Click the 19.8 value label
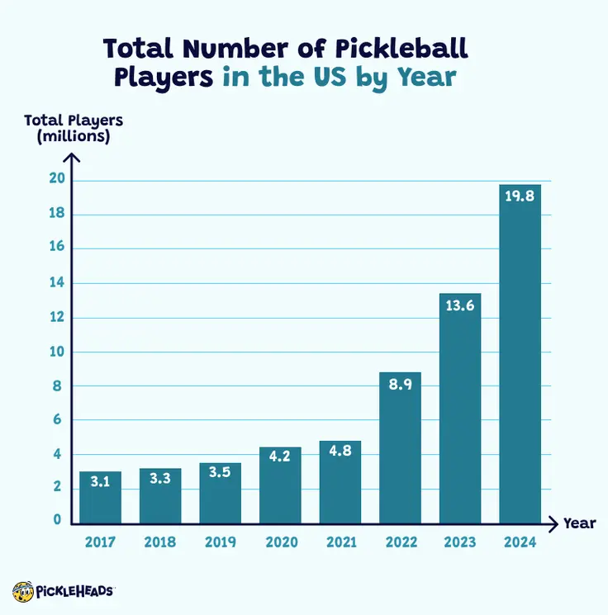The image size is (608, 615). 520,196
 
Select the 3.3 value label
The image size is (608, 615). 160,478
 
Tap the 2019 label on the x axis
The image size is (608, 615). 220,542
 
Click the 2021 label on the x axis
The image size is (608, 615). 340,542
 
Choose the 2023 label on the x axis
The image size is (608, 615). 459,542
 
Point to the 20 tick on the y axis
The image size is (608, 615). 57,181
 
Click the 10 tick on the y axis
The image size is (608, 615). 57,352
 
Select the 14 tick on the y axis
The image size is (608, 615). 57,283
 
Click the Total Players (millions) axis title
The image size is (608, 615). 74,129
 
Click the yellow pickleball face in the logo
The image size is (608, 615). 22,591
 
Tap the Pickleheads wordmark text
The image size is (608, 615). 76,591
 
